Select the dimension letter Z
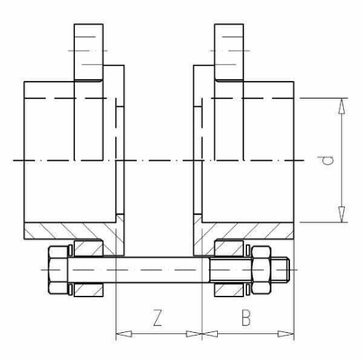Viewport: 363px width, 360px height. coord(158,317)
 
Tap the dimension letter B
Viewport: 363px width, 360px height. coord(246,317)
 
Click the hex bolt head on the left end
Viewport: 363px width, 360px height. coord(57,268)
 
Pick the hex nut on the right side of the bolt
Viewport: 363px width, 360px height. coord(261,268)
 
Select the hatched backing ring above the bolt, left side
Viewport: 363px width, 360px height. coord(89,247)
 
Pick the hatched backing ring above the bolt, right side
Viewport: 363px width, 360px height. coord(229,247)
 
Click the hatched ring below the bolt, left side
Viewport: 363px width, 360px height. coord(89,290)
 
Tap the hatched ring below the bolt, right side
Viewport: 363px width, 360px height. coord(229,290)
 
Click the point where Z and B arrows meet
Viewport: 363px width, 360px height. coord(202,334)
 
